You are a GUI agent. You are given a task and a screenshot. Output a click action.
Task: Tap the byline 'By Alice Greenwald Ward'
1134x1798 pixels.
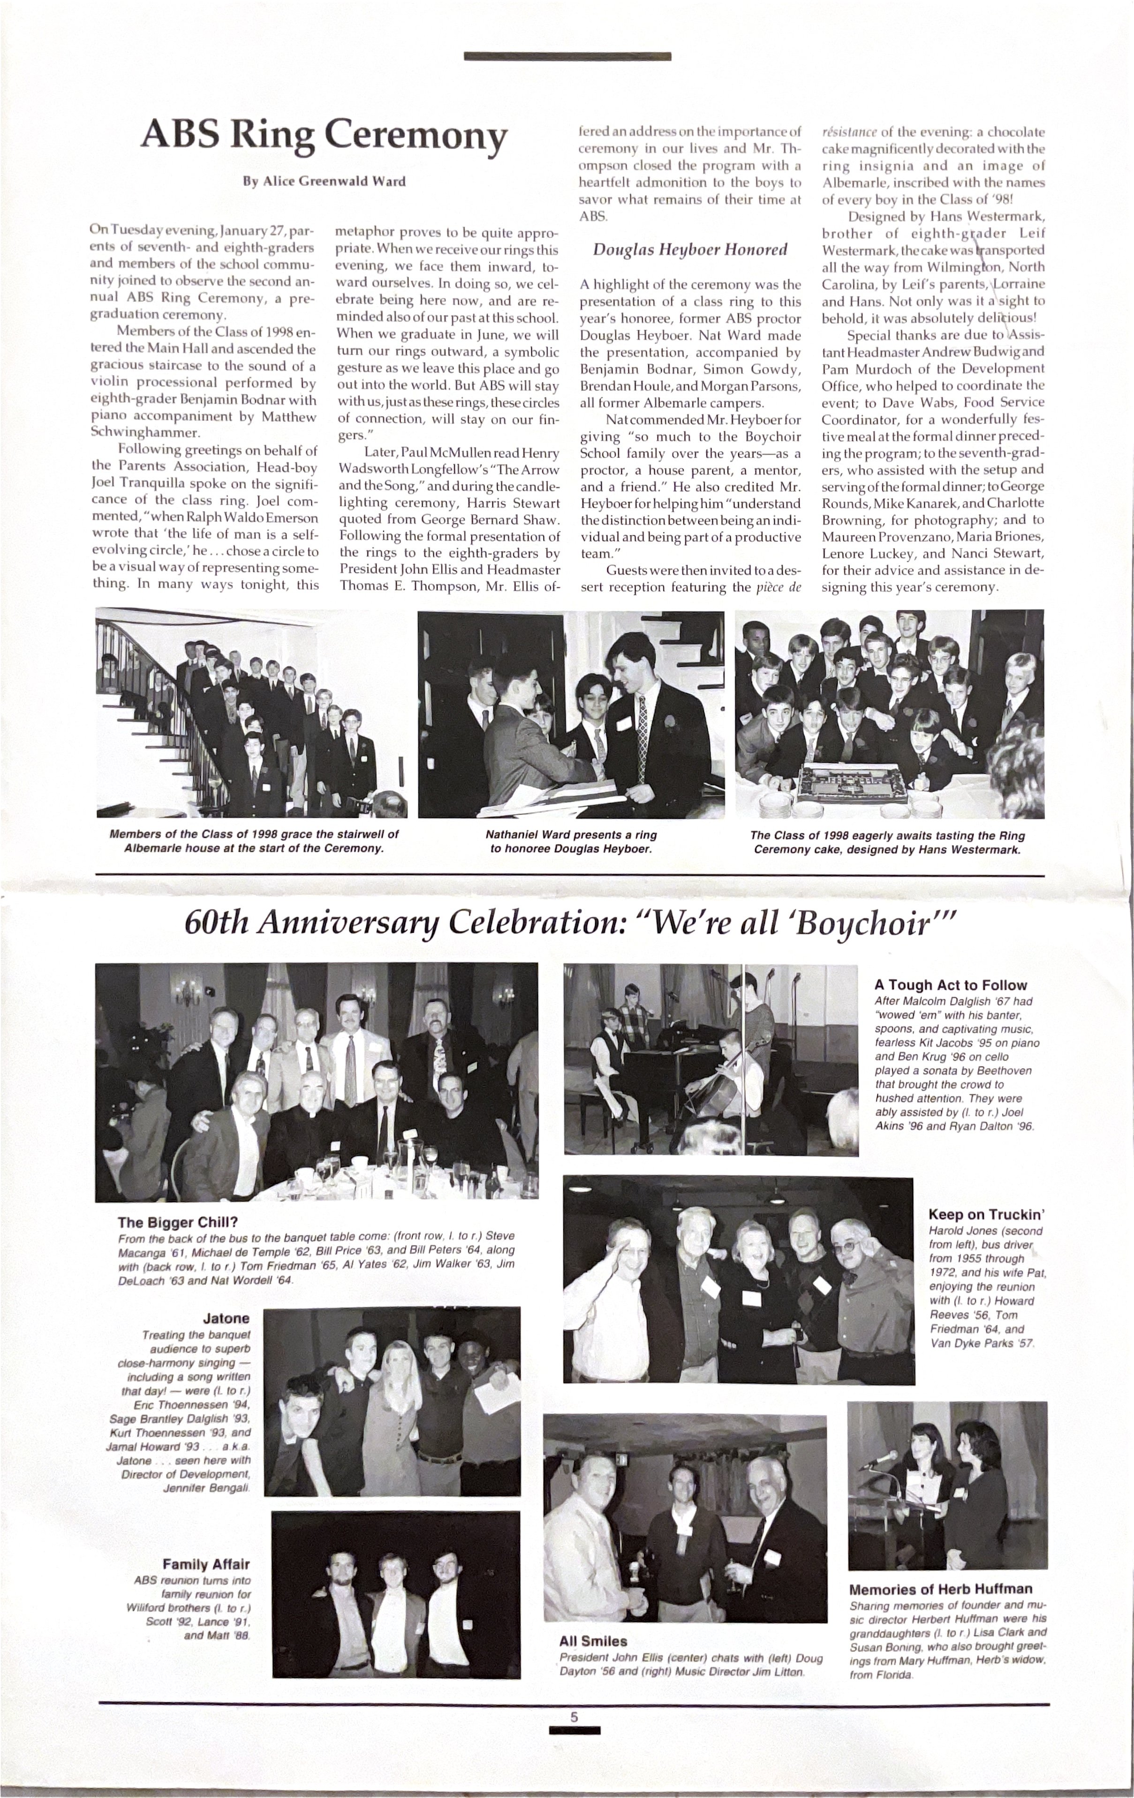(x=324, y=182)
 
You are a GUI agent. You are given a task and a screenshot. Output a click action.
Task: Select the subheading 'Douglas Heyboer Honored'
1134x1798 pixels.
(x=690, y=250)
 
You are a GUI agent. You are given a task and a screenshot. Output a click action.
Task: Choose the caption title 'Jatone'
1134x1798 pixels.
(x=226, y=1318)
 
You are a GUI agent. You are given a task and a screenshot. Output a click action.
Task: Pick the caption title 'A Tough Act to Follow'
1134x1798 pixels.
(x=950, y=986)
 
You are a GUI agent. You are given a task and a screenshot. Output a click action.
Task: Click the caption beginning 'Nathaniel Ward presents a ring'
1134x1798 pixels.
(x=571, y=841)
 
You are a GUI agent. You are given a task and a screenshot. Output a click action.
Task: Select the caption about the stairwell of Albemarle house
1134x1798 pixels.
(x=254, y=841)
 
